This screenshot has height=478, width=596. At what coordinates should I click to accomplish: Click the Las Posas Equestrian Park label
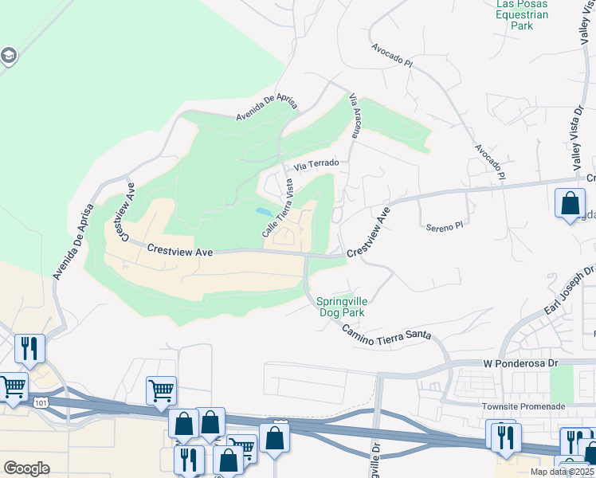[x=522, y=14]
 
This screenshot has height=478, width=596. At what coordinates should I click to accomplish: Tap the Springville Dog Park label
[x=340, y=307]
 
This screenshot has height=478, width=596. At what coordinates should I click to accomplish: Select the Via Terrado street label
[x=316, y=164]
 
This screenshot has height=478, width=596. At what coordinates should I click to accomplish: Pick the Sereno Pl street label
[x=444, y=227]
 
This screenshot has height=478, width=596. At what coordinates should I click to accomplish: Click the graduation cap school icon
[x=9, y=56]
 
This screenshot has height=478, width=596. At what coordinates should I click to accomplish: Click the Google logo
[x=26, y=468]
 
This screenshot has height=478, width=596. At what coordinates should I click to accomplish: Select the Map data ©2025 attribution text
[x=562, y=472]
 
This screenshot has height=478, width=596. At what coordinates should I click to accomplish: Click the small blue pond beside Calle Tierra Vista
[x=263, y=212]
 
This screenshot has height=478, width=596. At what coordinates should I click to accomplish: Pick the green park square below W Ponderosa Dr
[x=562, y=384]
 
